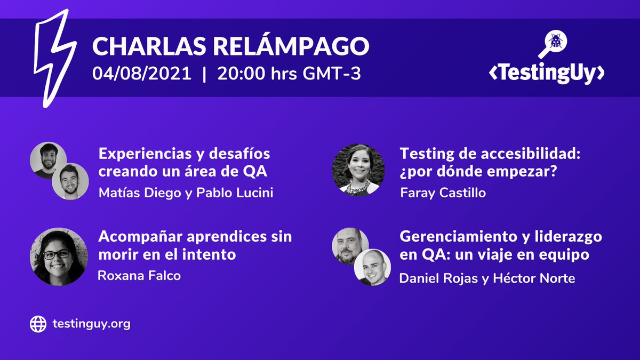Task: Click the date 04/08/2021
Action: [142, 74]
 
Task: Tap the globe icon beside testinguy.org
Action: [38, 324]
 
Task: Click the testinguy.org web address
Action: [92, 324]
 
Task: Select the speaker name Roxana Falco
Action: [140, 275]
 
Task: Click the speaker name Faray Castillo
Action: [443, 193]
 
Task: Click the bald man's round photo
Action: [372, 267]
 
